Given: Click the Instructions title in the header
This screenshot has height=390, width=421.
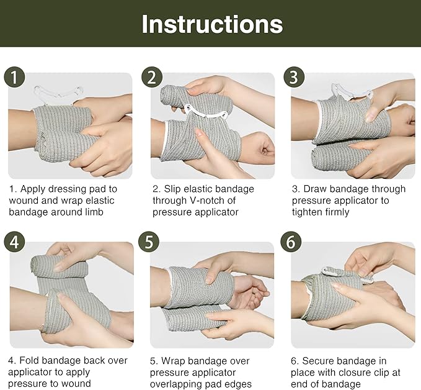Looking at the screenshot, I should pos(211,24).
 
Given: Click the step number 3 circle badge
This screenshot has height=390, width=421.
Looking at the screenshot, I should pos(294,78).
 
